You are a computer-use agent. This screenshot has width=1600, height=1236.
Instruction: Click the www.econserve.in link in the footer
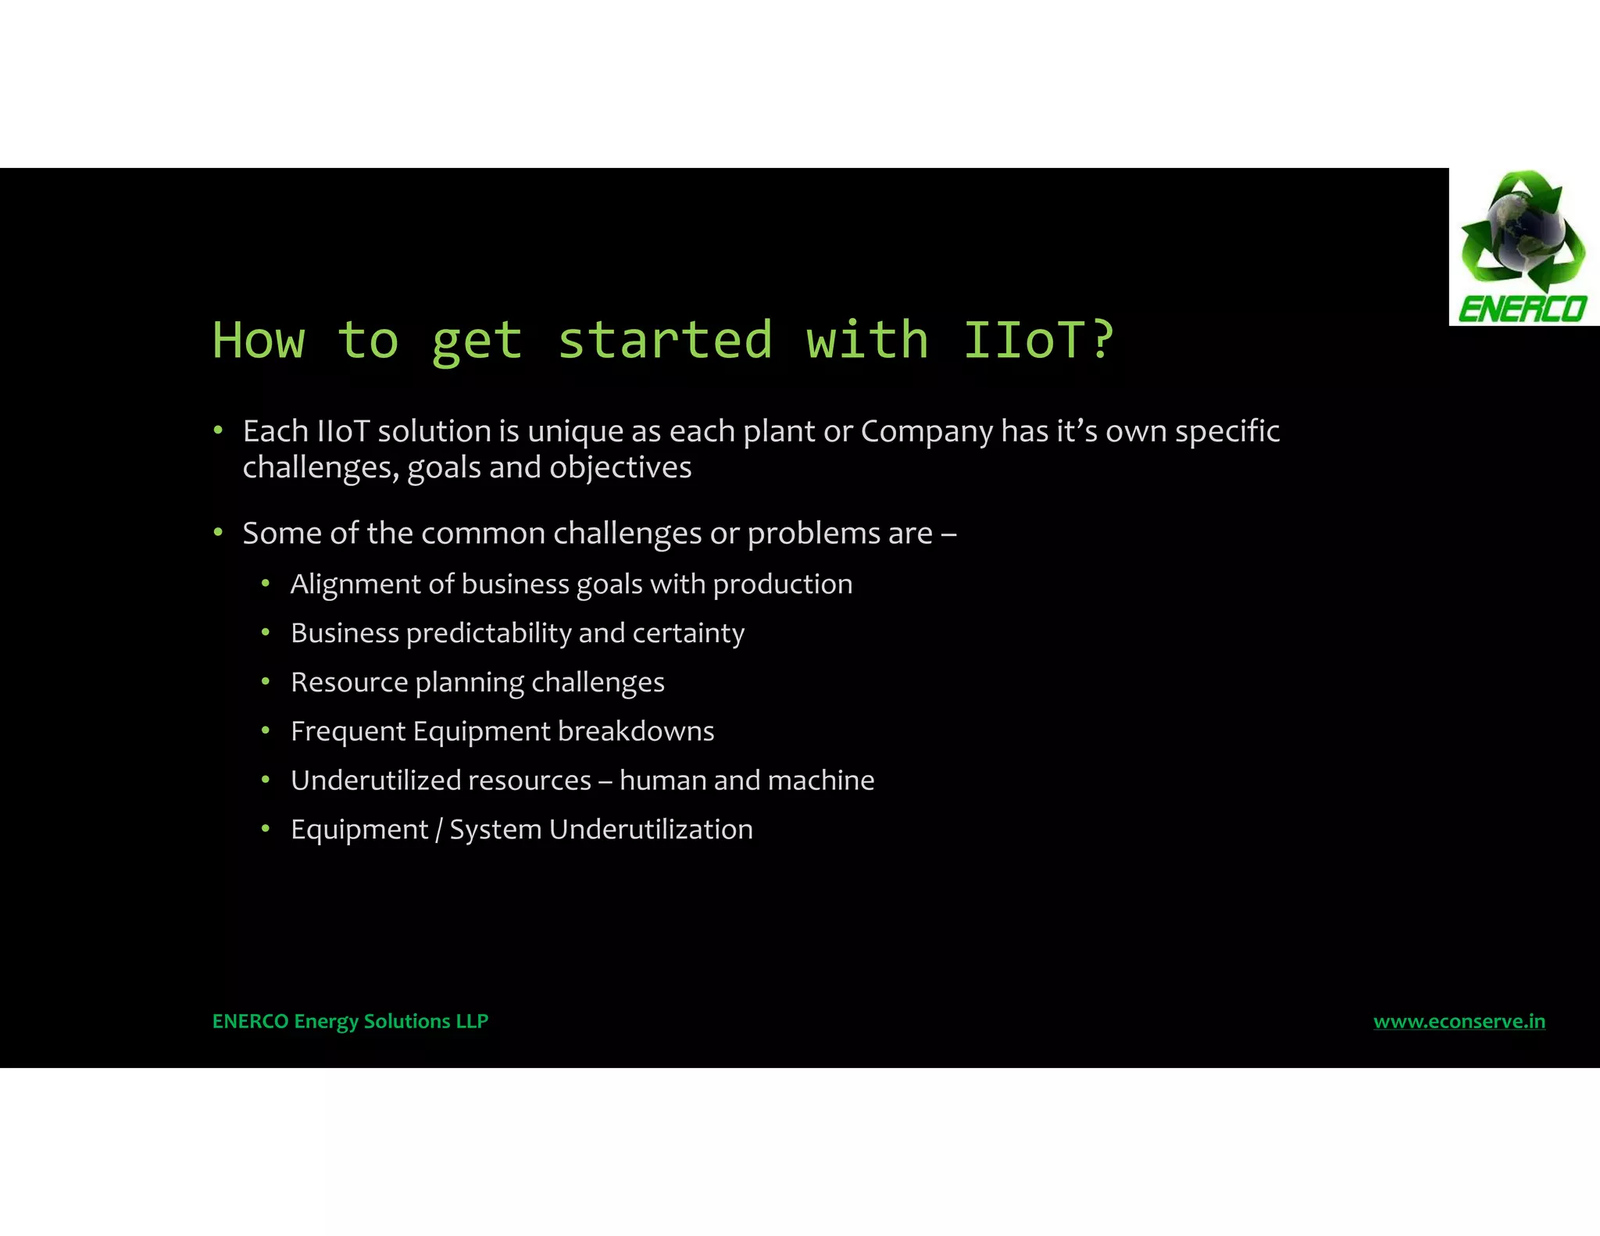coord(1459,1021)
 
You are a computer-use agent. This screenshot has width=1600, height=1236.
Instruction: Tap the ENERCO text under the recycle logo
coord(1522,309)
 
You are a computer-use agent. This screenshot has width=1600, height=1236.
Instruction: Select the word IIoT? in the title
coord(1038,340)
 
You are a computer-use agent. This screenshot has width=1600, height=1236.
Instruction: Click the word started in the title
coord(665,340)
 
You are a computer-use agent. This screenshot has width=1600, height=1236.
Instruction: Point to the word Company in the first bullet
coord(927,432)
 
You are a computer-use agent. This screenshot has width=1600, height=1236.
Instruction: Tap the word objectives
coord(620,468)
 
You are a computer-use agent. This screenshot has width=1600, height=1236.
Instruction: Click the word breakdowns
coord(636,731)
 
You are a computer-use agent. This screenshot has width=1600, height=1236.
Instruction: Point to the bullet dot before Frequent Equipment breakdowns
coord(266,731)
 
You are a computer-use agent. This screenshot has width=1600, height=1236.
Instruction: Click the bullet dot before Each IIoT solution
coord(218,430)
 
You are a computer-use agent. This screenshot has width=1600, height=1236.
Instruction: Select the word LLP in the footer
coord(472,1021)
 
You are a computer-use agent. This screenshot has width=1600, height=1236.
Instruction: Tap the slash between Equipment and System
coord(439,830)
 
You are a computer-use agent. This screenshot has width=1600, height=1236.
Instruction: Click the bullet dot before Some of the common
coord(218,533)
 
